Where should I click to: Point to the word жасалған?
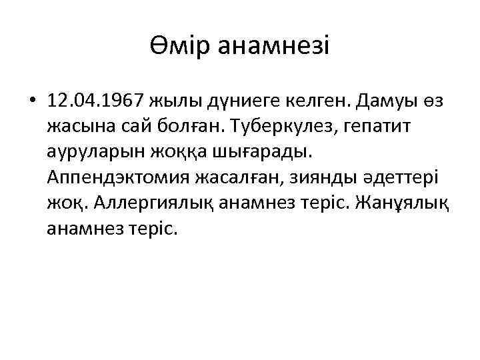[x=244, y=177]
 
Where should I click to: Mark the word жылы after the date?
[x=165, y=101]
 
